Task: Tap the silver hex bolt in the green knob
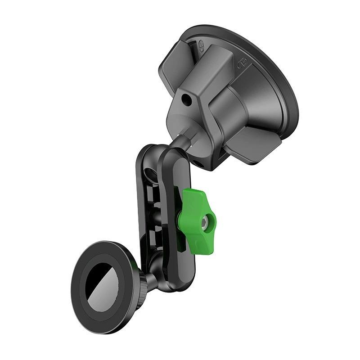pos(206,220)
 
